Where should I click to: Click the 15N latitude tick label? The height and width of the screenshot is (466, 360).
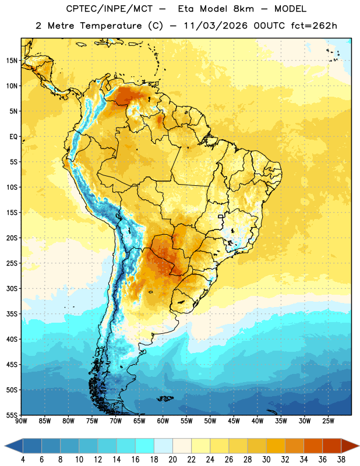coord(12,61)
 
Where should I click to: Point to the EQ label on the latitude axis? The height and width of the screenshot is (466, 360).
coord(13,137)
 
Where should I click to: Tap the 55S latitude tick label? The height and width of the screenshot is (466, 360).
coord(12,415)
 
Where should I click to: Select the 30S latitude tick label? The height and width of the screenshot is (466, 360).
coord(12,289)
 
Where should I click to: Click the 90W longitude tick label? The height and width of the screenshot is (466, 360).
coord(21,421)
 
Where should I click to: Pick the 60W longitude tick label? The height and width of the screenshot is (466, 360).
coord(163,421)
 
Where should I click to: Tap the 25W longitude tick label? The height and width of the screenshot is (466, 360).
coord(328,421)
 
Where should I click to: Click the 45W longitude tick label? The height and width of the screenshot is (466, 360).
coord(234,421)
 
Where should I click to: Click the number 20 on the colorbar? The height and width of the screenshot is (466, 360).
coord(172,460)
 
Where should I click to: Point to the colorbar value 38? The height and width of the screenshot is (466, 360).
coord(341,460)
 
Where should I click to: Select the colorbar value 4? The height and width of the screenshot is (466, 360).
coord(23,460)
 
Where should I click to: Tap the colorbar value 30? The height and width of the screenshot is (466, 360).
coord(266,460)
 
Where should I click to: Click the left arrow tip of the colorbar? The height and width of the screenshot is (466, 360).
coord(5,446)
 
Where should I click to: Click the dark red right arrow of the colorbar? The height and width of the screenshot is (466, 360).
coord(350,446)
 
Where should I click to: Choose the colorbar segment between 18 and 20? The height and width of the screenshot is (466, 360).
coord(163,446)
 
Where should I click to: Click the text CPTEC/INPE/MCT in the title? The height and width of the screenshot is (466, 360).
coord(110,9)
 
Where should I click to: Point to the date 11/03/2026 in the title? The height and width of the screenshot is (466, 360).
coord(216,26)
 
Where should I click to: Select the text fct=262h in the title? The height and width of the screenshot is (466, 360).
coord(314,26)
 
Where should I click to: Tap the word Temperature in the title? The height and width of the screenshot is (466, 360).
coord(111,26)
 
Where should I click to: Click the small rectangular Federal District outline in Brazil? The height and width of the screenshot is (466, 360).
coord(221,217)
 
